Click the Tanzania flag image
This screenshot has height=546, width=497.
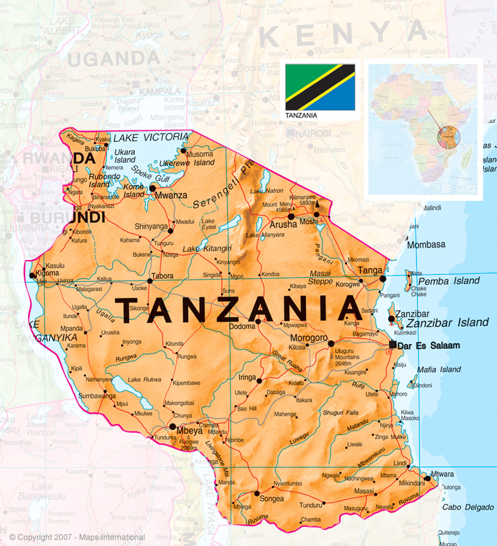coord(320,87)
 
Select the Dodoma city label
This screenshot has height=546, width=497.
coord(242,326)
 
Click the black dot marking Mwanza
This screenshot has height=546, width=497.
coord(152,188)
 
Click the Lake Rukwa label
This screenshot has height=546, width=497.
coord(144,379)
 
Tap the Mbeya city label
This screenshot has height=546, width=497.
coord(189,431)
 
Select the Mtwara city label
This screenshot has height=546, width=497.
coord(442,474)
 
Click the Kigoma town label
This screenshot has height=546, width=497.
coord(46,274)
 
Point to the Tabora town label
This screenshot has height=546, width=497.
coord(162,276)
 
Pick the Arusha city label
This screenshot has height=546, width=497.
coord(283,225)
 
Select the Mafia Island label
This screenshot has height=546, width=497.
coord(438,369)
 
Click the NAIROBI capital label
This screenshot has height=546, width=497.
coord(313,134)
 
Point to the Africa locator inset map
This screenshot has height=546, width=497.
coord(423,129)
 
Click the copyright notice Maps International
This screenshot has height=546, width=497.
coord(77,537)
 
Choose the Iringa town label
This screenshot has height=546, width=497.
coord(247,378)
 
